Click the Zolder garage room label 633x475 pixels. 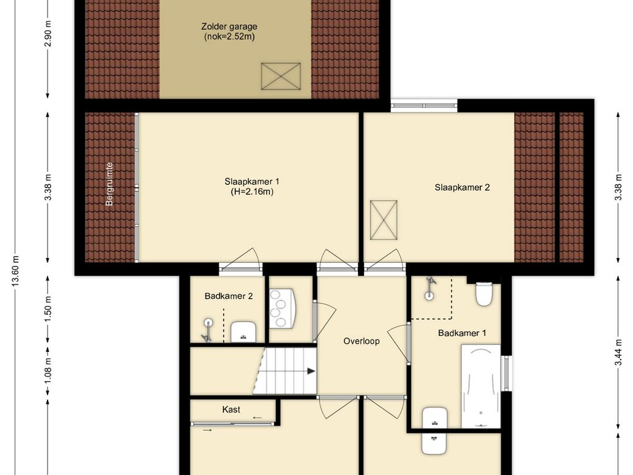229,27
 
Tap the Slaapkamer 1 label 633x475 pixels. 252,182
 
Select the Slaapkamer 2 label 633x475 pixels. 462,187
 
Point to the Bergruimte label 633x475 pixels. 109,184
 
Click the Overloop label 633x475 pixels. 361,341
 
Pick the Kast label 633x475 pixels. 231,409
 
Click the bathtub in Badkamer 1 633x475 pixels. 481,386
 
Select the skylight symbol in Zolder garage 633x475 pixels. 281,76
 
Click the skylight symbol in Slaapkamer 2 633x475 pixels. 383,220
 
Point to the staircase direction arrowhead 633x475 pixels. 312,371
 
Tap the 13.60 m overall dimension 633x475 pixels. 15,271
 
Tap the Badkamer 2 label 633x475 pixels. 229,296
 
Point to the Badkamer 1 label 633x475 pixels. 462,333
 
